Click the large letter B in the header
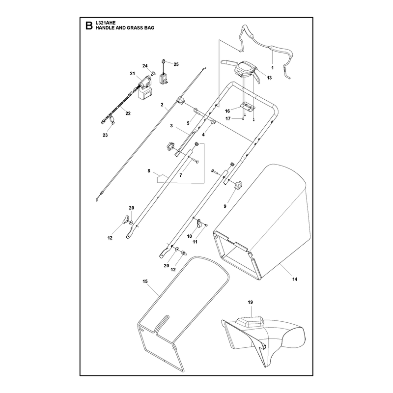point(89,26)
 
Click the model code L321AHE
point(106,23)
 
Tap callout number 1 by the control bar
point(273,68)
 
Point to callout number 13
point(269,78)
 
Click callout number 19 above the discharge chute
point(251,302)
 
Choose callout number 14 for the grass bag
point(295,279)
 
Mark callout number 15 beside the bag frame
point(145,281)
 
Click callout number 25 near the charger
point(176,64)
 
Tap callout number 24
point(145,66)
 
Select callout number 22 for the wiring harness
point(128,113)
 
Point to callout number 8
point(149,171)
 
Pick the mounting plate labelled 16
point(248,107)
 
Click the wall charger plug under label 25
point(164,78)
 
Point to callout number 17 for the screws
point(228,119)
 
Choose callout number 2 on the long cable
point(162,105)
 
